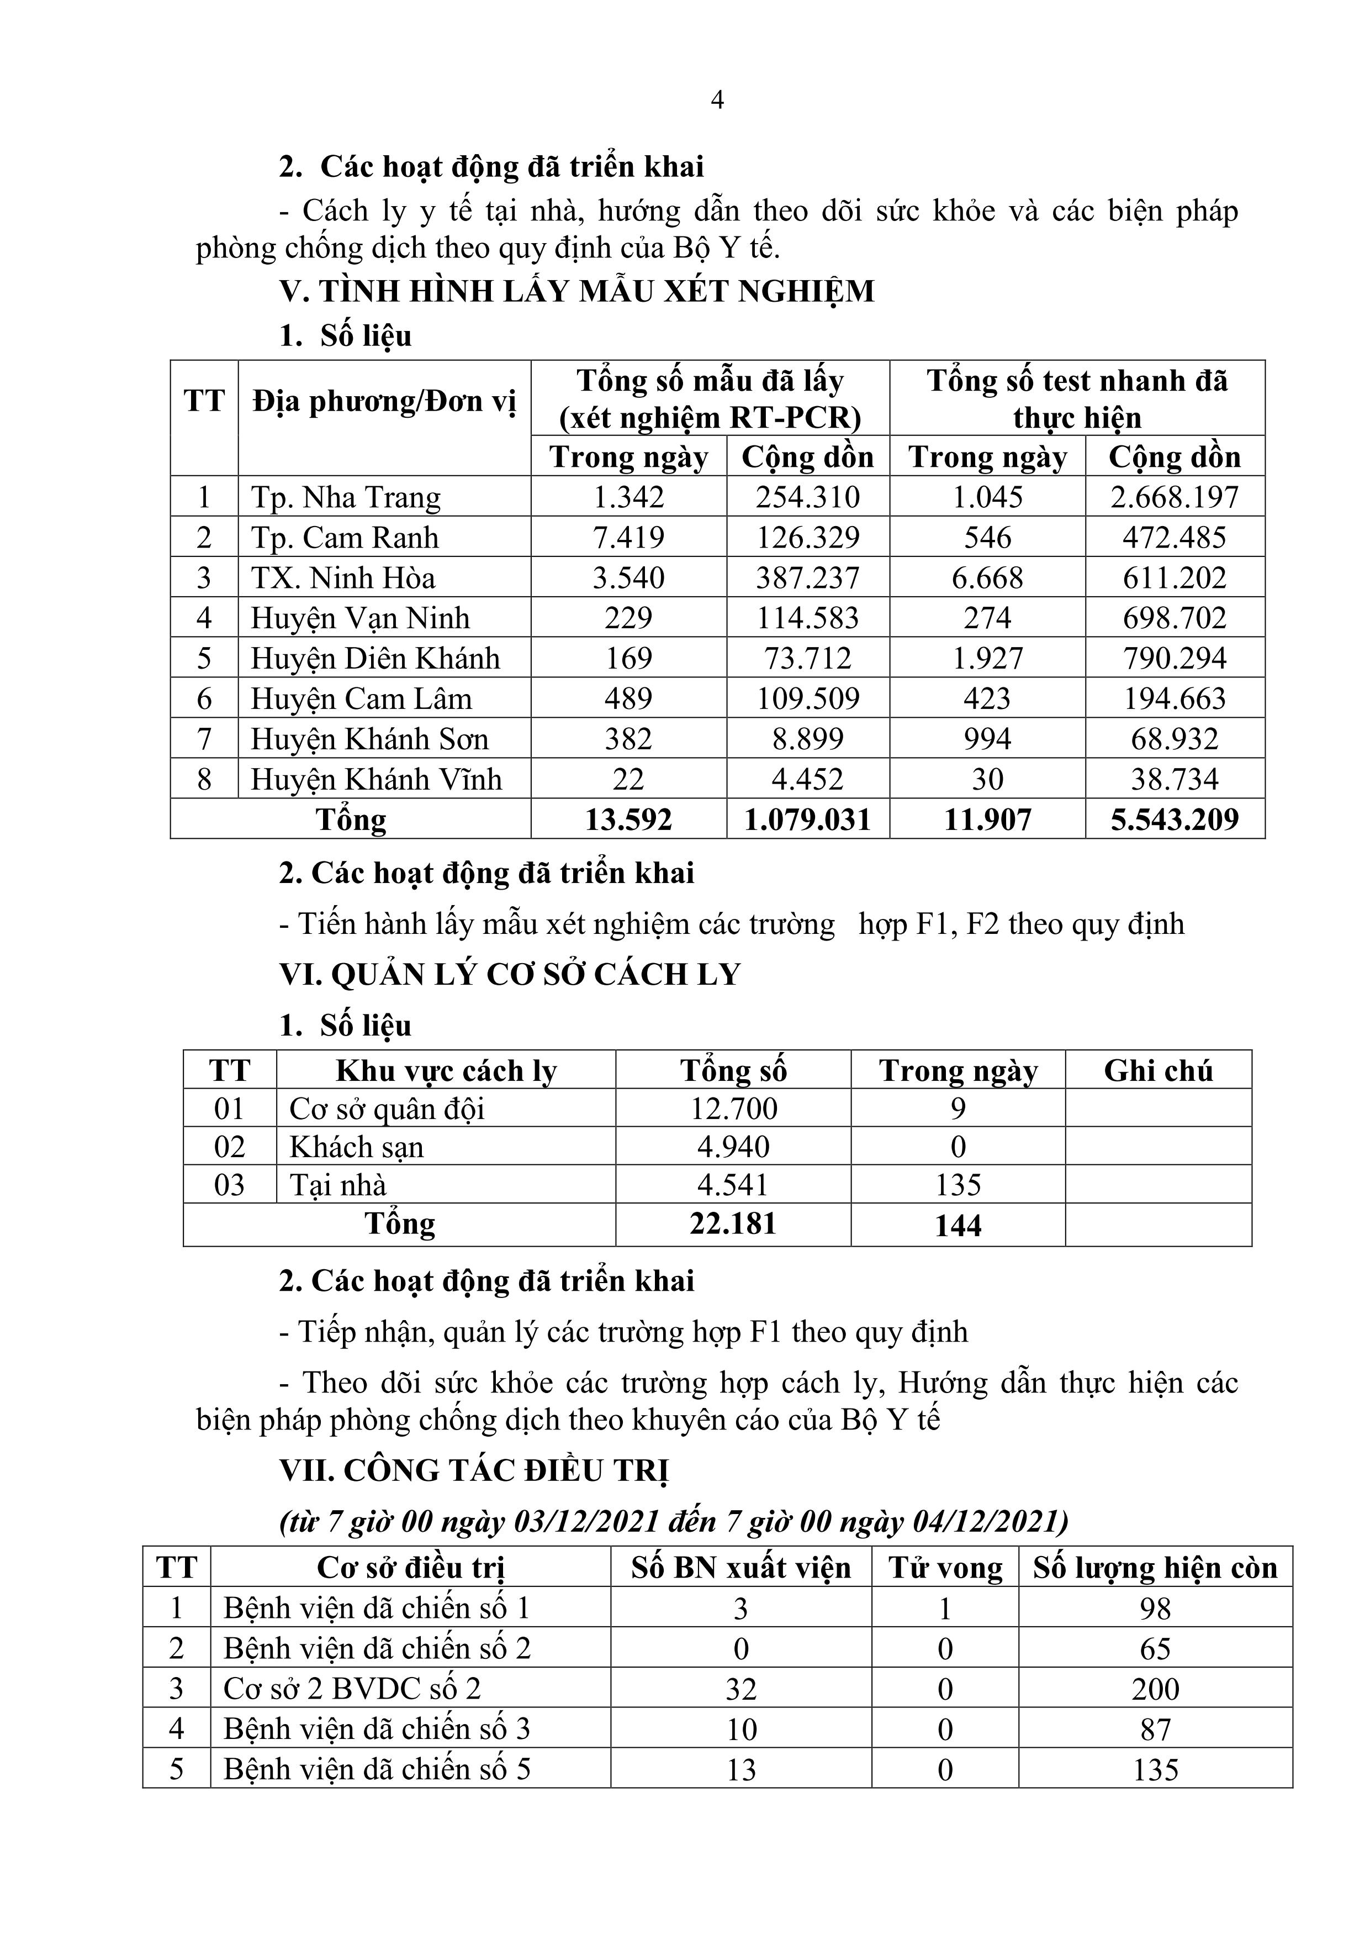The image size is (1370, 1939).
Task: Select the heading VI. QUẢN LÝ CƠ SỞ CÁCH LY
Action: pos(510,975)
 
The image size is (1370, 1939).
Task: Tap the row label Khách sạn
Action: pos(356,1147)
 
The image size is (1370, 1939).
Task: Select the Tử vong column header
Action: pos(945,1568)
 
